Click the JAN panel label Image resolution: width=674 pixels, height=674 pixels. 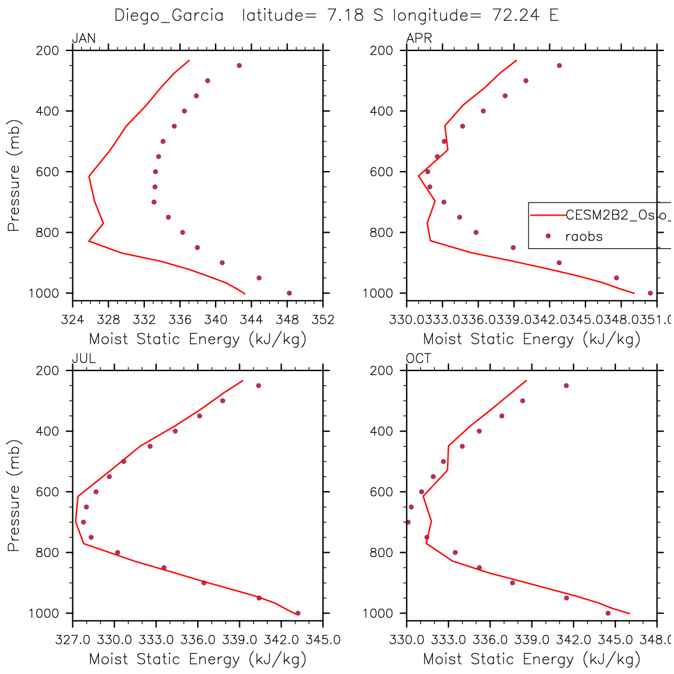84,39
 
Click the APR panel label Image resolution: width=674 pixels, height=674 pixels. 419,39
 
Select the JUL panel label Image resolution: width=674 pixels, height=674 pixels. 84,359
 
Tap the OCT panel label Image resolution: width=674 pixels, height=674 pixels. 419,359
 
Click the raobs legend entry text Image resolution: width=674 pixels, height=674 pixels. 584,236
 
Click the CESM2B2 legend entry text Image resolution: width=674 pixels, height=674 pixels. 618,216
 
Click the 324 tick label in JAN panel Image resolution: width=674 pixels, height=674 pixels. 72,320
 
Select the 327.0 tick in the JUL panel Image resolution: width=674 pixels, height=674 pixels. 72,640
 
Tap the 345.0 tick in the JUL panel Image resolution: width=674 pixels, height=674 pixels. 322,640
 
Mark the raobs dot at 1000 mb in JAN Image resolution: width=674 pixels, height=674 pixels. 289,293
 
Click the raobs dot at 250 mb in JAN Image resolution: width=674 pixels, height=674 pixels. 239,65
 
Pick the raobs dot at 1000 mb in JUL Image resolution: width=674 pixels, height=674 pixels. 298,613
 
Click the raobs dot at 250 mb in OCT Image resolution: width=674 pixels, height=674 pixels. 566,385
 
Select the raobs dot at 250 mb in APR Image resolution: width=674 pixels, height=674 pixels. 559,65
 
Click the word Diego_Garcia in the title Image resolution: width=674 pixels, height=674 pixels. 169,15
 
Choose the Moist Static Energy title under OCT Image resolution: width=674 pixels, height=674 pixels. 531,659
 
